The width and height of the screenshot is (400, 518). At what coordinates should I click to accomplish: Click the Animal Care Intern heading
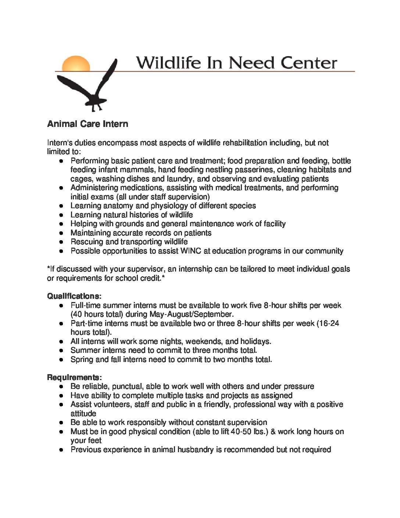(x=87, y=124)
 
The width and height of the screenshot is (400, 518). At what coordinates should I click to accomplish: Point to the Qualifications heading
(x=74, y=296)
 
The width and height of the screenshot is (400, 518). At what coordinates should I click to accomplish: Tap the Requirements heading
(x=74, y=377)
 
